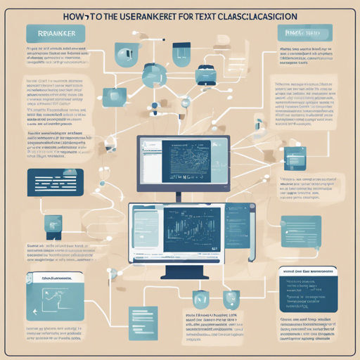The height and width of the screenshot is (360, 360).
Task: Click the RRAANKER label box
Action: [53, 32]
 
